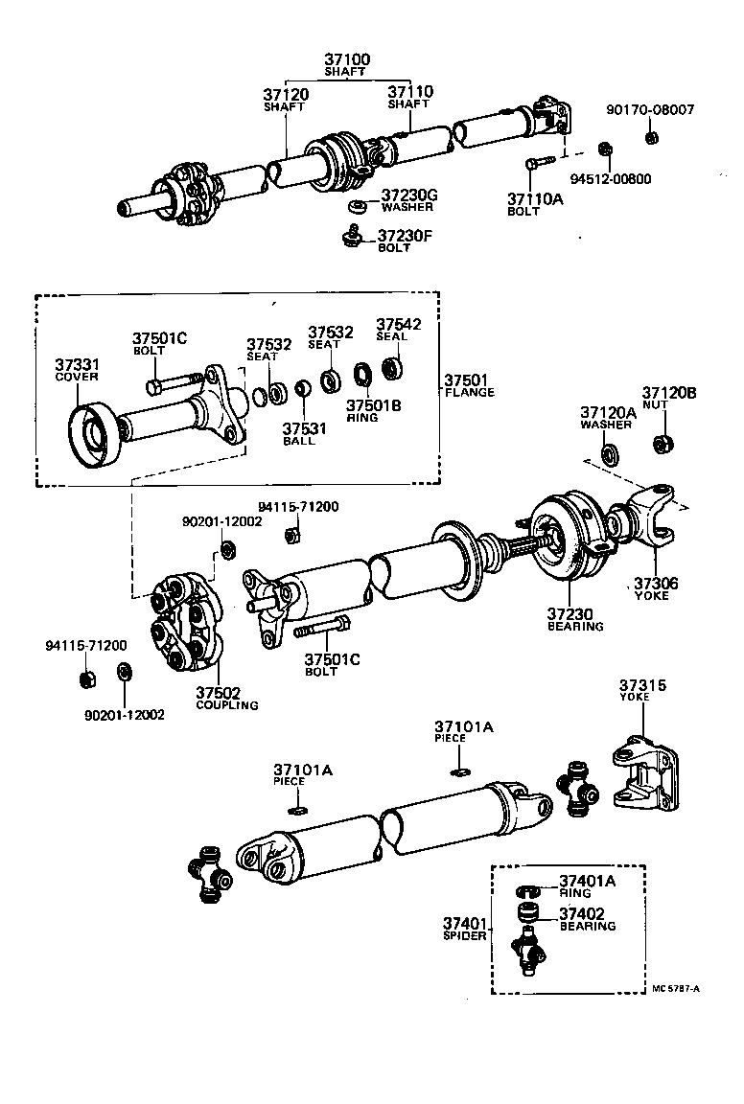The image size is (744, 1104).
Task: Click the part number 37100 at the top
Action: [346, 59]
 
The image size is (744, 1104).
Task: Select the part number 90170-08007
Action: [650, 111]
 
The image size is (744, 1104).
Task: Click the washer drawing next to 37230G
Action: [358, 206]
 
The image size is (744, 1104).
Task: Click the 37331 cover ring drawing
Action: [93, 438]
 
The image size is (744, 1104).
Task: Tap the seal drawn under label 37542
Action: [391, 366]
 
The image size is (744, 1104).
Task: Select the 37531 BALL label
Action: [304, 434]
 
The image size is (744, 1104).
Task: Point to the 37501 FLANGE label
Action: [470, 385]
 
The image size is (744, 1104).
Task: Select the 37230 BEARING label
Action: [574, 619]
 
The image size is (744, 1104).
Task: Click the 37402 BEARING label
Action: [588, 920]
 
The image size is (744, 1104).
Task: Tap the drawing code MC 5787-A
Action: [675, 988]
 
